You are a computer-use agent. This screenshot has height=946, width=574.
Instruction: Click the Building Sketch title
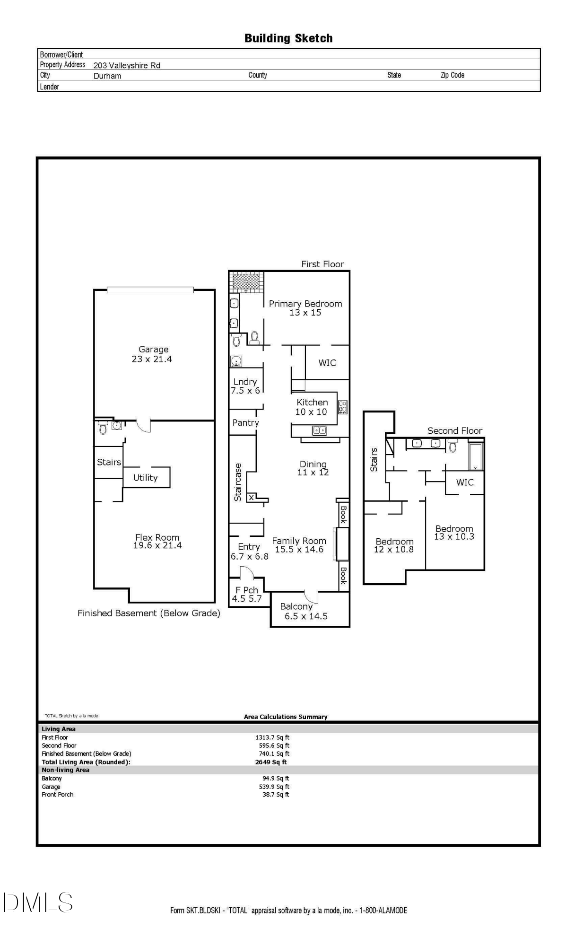click(x=288, y=38)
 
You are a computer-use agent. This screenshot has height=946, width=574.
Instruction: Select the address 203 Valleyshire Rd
click(x=127, y=65)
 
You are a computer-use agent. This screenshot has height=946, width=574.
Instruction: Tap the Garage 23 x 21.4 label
click(x=153, y=354)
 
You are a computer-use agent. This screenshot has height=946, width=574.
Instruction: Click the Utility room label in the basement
click(x=145, y=478)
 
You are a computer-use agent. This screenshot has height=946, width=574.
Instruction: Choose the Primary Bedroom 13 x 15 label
click(x=305, y=308)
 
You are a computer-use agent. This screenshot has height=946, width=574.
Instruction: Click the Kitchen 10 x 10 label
click(x=312, y=407)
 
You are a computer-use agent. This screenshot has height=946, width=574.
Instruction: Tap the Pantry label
click(x=245, y=422)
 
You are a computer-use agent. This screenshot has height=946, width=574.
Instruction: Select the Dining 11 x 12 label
click(x=313, y=468)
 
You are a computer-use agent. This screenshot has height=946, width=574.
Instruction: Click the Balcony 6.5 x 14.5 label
click(x=305, y=611)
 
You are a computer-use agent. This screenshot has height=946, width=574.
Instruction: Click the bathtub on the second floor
click(x=475, y=456)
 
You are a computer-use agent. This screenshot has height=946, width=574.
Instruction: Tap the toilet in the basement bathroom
click(x=103, y=429)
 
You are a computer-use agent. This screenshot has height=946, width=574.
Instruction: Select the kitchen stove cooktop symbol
click(x=343, y=407)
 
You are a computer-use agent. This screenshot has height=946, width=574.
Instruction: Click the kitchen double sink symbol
click(x=320, y=430)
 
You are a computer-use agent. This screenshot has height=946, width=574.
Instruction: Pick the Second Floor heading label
click(x=455, y=430)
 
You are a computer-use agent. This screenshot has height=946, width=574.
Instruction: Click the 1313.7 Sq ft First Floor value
click(x=272, y=737)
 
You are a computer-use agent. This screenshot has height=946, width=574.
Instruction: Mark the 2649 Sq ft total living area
click(x=270, y=762)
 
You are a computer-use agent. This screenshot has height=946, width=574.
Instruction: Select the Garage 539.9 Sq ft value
click(x=276, y=787)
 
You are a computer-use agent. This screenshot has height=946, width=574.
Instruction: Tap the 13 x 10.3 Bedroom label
click(x=454, y=533)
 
